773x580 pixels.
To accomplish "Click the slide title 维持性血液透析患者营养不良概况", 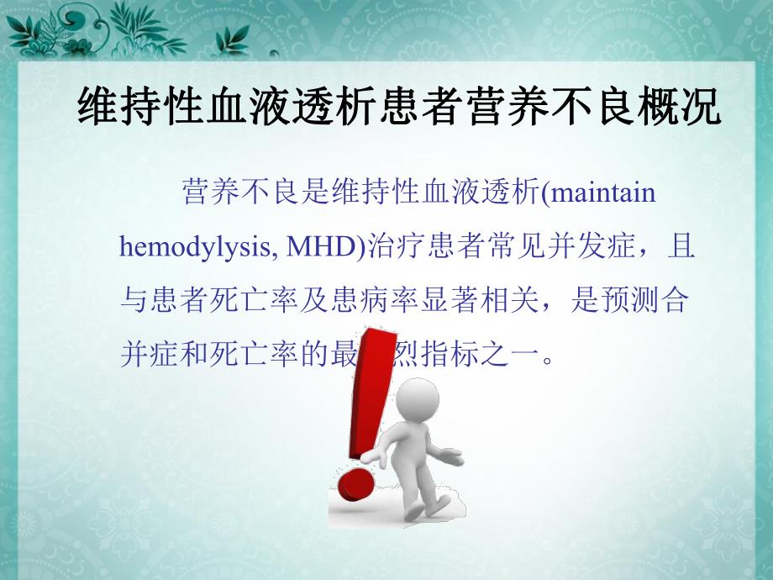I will click(x=399, y=108).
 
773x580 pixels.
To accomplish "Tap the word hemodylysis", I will click(x=196, y=248).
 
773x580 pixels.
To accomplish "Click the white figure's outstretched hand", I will click(x=450, y=459).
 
